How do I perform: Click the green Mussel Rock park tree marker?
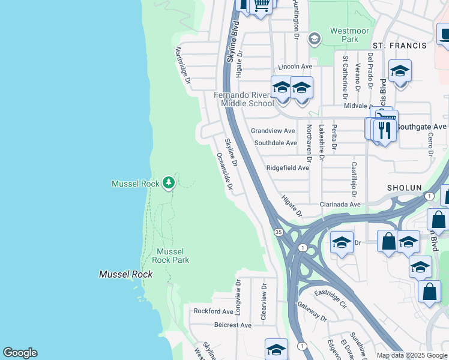(169, 182)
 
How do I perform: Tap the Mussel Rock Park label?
(172, 256)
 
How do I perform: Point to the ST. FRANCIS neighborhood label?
(399, 46)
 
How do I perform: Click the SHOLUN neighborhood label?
(404, 188)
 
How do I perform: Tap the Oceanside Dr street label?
(224, 171)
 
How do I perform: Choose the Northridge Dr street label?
(183, 65)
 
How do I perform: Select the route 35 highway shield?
(278, 232)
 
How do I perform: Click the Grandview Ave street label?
(273, 130)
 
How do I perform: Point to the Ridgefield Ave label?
(288, 168)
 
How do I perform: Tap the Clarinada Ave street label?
(340, 204)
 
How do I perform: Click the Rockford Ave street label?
(213, 311)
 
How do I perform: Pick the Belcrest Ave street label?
(233, 325)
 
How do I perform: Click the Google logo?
(20, 353)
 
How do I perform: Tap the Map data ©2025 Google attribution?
(411, 355)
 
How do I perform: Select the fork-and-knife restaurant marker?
(384, 129)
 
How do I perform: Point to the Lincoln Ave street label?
(295, 66)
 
